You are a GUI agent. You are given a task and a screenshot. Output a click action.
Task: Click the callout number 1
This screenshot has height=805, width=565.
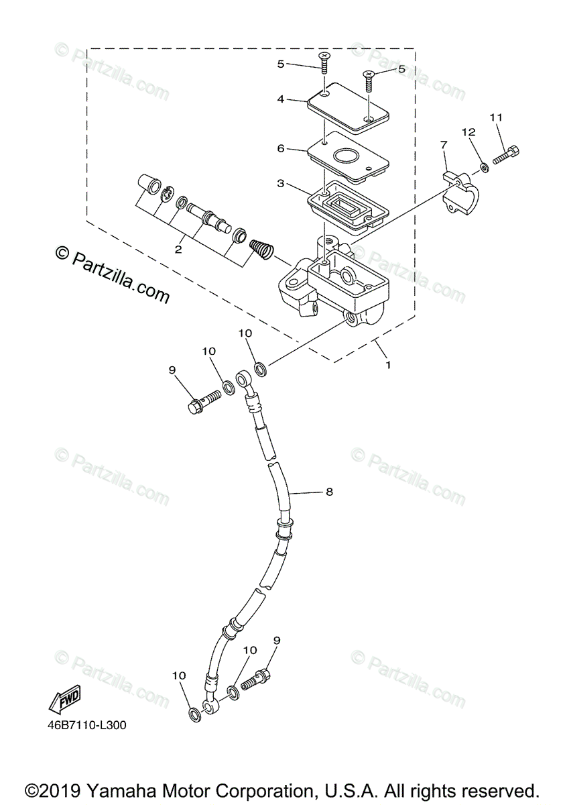point(387,366)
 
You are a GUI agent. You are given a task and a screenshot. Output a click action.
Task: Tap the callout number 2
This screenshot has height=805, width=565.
point(178,250)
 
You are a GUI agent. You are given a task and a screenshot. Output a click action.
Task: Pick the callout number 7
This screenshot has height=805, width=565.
point(443,144)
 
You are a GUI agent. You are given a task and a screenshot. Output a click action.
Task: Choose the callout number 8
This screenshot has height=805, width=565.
point(329,492)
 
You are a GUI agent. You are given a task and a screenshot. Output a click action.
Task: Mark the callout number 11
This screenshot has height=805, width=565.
point(495,117)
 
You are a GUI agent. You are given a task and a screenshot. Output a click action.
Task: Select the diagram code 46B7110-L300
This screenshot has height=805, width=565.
point(86,725)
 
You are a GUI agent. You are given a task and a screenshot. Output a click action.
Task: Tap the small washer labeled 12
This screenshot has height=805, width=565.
point(483,165)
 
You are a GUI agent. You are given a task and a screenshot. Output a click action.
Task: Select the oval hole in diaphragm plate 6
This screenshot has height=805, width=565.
point(347,156)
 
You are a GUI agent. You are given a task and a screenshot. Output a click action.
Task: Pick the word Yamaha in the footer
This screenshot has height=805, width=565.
point(119,790)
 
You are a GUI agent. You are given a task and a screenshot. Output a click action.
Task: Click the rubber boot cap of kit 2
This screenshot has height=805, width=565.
point(147,182)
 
